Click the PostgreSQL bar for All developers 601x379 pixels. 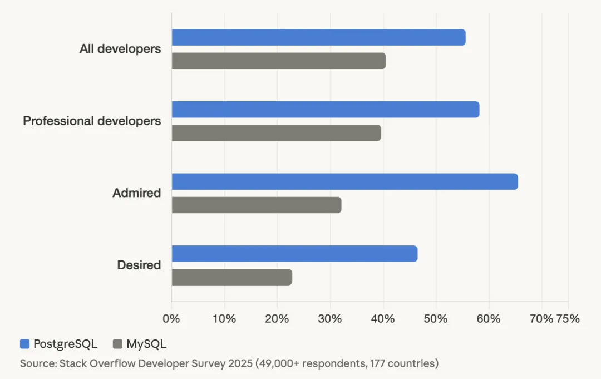tap(318, 37)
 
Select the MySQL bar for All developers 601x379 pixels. tap(278, 61)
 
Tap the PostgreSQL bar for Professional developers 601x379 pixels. tap(325, 110)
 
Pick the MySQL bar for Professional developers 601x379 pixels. tap(276, 133)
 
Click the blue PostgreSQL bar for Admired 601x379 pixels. tap(344, 181)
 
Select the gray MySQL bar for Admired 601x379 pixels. tap(256, 205)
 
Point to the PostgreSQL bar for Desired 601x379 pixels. tap(294, 254)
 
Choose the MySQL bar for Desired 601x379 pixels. tap(231, 277)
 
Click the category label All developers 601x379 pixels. tap(120, 49)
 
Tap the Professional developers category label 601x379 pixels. tap(92, 121)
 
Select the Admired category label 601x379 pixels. tap(136, 193)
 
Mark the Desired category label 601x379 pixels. tap(139, 265)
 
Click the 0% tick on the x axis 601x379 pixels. tap(171, 319)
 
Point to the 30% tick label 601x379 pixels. tap(330, 319)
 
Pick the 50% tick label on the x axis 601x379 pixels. tap(436, 319)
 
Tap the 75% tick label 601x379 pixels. tap(568, 319)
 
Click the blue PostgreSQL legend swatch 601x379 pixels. tap(24, 344)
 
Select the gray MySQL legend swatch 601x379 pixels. tap(117, 344)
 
